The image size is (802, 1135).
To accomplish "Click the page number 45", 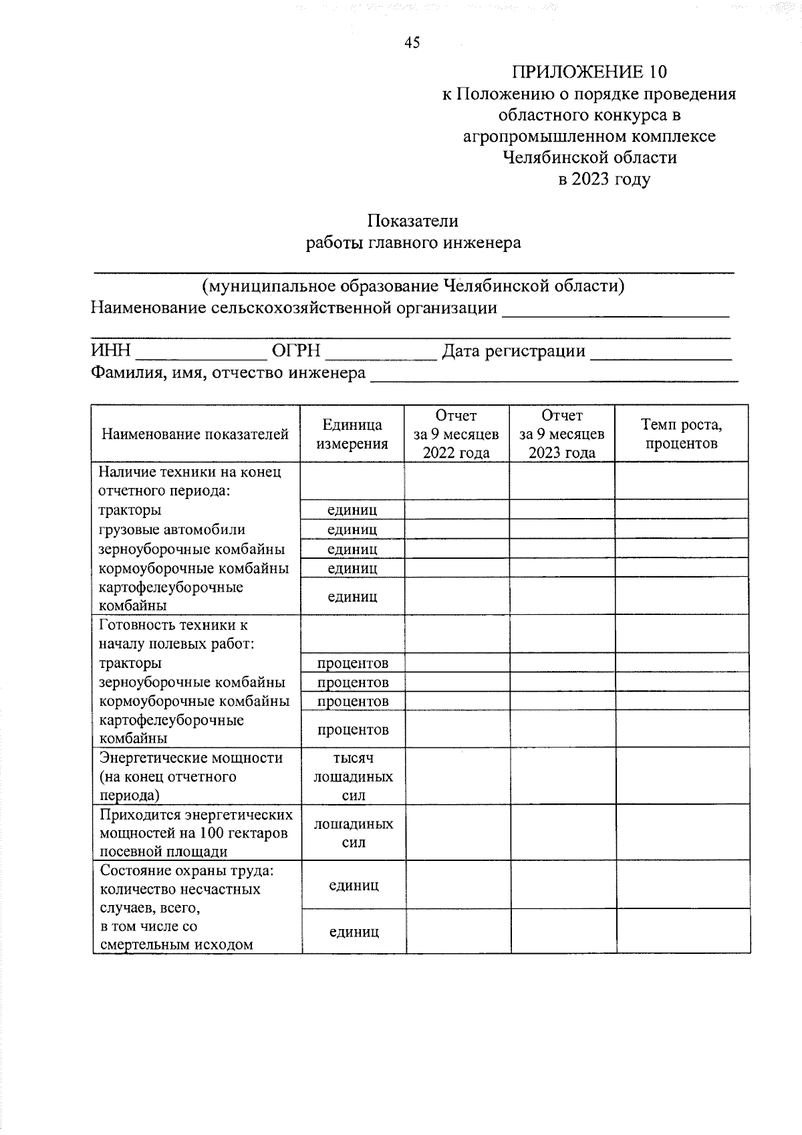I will (412, 43).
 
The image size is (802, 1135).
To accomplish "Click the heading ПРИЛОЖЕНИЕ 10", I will (589, 72).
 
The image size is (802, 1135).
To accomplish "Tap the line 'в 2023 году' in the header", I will (604, 179).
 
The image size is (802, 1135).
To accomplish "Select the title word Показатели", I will (412, 221).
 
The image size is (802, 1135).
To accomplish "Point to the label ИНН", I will (111, 351).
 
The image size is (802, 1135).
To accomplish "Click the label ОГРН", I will (296, 351).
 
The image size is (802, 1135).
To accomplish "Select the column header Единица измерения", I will (352, 434).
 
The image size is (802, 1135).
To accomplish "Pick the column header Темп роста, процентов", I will (681, 434).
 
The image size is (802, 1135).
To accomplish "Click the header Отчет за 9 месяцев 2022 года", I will (456, 434).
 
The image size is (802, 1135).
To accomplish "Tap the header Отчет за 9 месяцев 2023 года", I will (562, 434).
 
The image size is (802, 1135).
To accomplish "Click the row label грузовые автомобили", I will (172, 530).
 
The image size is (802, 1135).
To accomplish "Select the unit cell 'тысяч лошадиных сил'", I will (354, 777).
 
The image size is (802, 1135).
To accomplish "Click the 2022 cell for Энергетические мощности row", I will (458, 776).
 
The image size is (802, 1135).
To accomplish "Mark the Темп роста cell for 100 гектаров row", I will (682, 833).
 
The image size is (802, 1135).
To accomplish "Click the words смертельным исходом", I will (176, 945).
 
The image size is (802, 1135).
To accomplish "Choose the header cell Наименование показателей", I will (195, 434).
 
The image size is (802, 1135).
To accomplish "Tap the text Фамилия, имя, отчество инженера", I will (228, 373).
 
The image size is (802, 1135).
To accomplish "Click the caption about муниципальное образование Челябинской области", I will (414, 286).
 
